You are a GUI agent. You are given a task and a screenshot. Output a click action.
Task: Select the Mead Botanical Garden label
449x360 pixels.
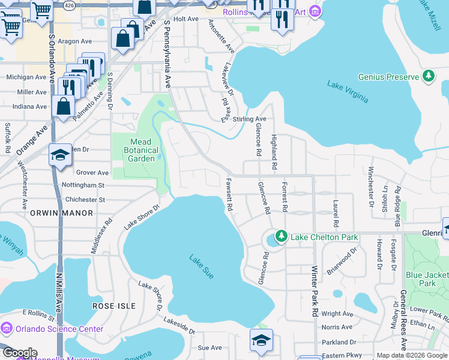(x=141, y=150)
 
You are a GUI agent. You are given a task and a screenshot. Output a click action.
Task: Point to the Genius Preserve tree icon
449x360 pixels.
(x=429, y=76)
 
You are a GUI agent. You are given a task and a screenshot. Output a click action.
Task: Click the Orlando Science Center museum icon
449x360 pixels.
(x=7, y=329)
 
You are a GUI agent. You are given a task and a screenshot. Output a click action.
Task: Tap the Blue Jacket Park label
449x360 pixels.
(x=427, y=278)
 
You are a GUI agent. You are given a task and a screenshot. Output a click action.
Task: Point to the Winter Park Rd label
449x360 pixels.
(x=314, y=293)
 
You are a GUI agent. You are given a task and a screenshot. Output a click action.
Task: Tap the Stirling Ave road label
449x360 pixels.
(x=249, y=119)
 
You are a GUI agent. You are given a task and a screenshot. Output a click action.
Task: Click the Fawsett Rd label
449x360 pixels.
(x=229, y=195)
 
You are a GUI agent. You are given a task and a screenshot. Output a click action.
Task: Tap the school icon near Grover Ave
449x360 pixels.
(x=60, y=156)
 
